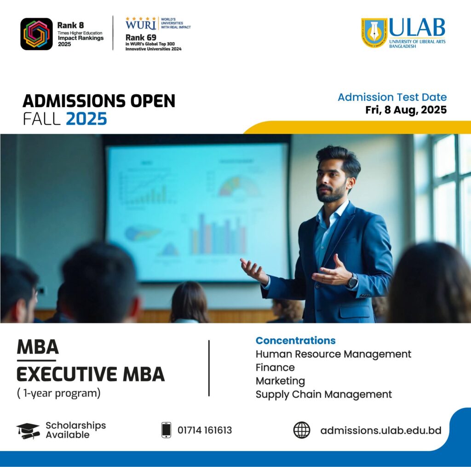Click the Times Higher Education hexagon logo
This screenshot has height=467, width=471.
pyautogui.click(x=36, y=34)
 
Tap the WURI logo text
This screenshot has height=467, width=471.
pyautogui.click(x=141, y=24)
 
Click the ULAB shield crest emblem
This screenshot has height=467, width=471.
pyautogui.click(x=374, y=33)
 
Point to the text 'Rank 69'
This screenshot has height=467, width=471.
pyautogui.click(x=141, y=38)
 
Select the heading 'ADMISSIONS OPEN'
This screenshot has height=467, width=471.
pyautogui.click(x=99, y=101)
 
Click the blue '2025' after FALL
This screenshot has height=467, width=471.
pyautogui.click(x=86, y=119)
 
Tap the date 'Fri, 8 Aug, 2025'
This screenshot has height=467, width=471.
pyautogui.click(x=406, y=110)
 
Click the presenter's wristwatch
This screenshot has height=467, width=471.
pyautogui.click(x=353, y=282)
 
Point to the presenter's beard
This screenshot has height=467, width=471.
pyautogui.click(x=330, y=193)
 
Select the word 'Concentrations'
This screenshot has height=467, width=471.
pyautogui.click(x=296, y=340)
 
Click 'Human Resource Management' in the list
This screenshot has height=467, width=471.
pyautogui.click(x=333, y=354)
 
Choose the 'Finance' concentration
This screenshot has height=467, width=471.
pyautogui.click(x=275, y=368)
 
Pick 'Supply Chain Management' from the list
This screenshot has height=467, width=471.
pyautogui.click(x=324, y=395)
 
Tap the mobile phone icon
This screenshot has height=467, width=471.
pyautogui.click(x=166, y=430)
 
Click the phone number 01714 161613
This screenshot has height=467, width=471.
pyautogui.click(x=205, y=430)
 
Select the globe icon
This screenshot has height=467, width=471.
pyautogui.click(x=302, y=430)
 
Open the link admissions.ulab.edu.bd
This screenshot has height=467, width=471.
pyautogui.click(x=381, y=431)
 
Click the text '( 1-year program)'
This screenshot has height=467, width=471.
pyautogui.click(x=59, y=393)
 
